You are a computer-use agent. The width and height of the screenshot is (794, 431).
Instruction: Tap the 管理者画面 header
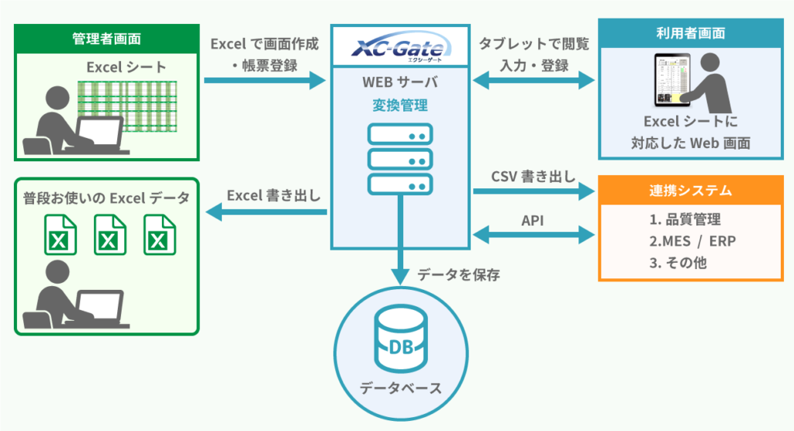tap(106, 37)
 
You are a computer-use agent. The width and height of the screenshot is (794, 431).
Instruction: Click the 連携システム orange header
tap(690, 190)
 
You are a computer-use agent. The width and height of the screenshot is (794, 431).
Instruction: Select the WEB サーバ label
tap(399, 83)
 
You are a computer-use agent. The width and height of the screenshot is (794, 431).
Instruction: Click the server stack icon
tap(400, 159)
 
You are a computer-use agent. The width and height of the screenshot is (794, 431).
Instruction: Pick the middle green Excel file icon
tap(109, 234)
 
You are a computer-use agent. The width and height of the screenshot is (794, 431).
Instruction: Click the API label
tap(532, 221)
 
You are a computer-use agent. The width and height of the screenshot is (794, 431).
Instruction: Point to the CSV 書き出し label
tap(533, 176)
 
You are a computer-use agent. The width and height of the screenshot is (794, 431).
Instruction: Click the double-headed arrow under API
tap(532, 233)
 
